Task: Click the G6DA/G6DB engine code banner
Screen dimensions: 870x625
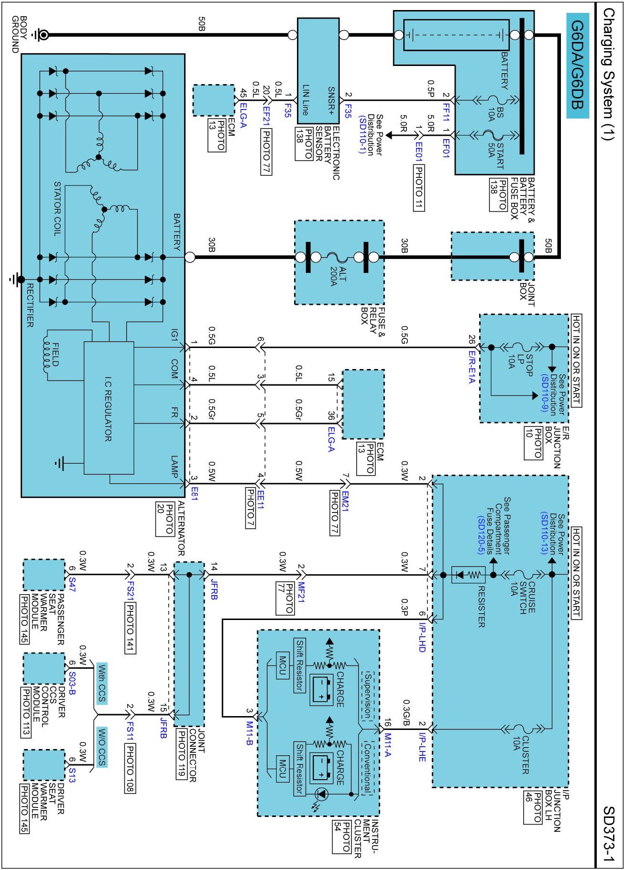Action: pos(577,65)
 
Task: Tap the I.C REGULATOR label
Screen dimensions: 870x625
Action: pos(108,408)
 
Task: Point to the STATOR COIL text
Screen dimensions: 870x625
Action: pos(57,209)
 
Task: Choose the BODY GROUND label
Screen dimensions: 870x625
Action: pos(19,34)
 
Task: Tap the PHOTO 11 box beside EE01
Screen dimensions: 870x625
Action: pos(418,187)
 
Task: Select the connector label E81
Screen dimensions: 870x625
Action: pos(194,494)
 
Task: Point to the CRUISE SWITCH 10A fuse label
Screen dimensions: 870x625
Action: pos(522,597)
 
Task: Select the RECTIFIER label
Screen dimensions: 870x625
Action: pos(30,305)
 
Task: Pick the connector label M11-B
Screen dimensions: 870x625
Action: pos(249,732)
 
